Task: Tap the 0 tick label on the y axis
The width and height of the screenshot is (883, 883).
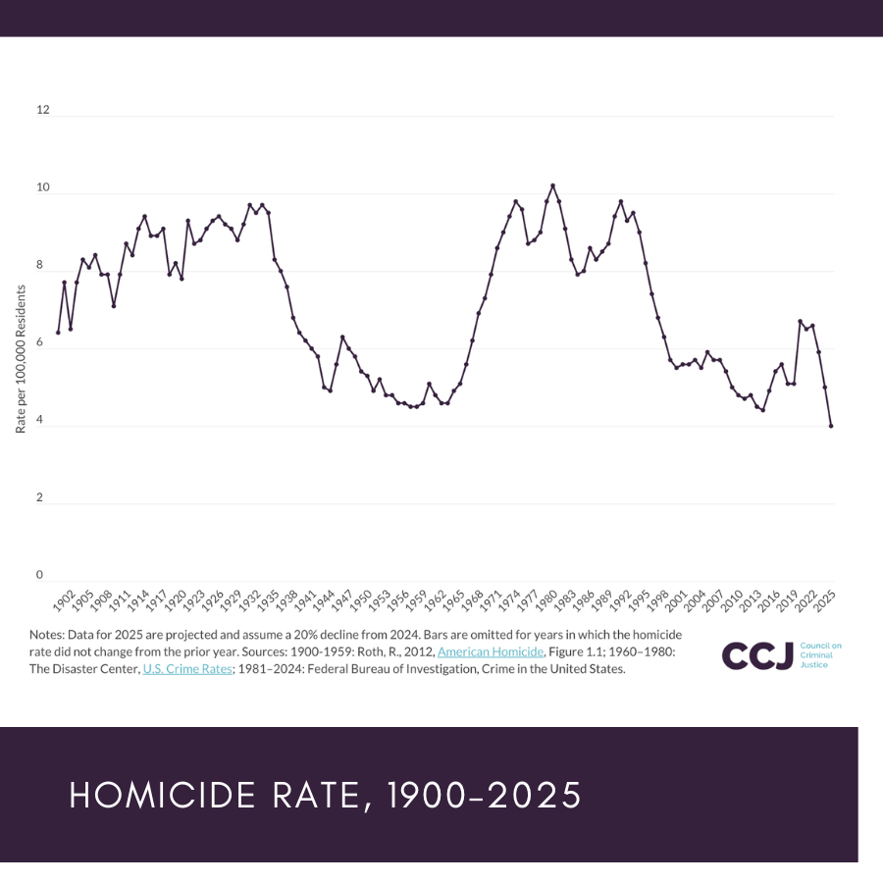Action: coord(40,575)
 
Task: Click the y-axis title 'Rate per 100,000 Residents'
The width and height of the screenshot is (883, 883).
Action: coord(21,361)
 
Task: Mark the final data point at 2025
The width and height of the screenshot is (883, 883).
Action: coord(831,426)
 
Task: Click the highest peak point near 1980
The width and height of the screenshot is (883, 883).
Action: coord(552,185)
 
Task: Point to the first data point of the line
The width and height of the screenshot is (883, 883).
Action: coord(58,333)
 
